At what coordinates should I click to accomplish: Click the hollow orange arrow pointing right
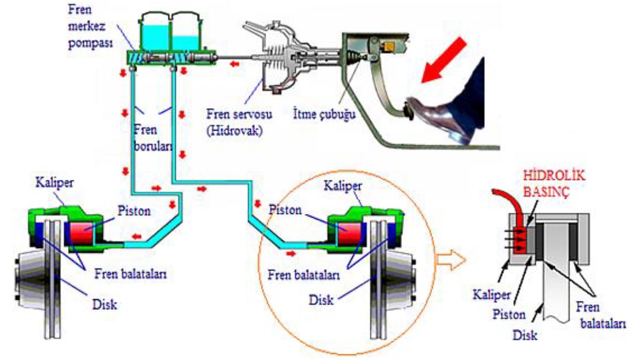[x=451, y=259]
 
